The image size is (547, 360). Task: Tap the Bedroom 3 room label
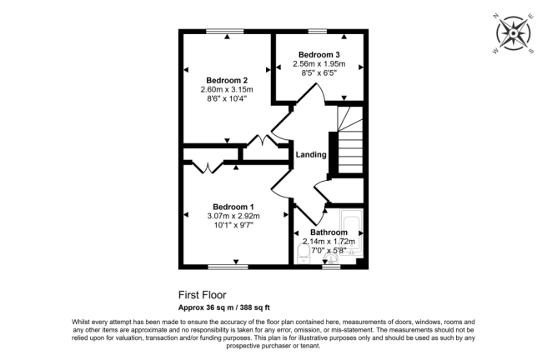319,55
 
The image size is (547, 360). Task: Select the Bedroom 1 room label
233,207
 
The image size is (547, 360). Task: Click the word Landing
311,155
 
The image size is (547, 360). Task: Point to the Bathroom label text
329,232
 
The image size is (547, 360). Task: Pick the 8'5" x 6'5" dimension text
319,74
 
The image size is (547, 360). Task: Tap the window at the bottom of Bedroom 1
228,267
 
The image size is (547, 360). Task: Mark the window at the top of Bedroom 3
317,31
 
